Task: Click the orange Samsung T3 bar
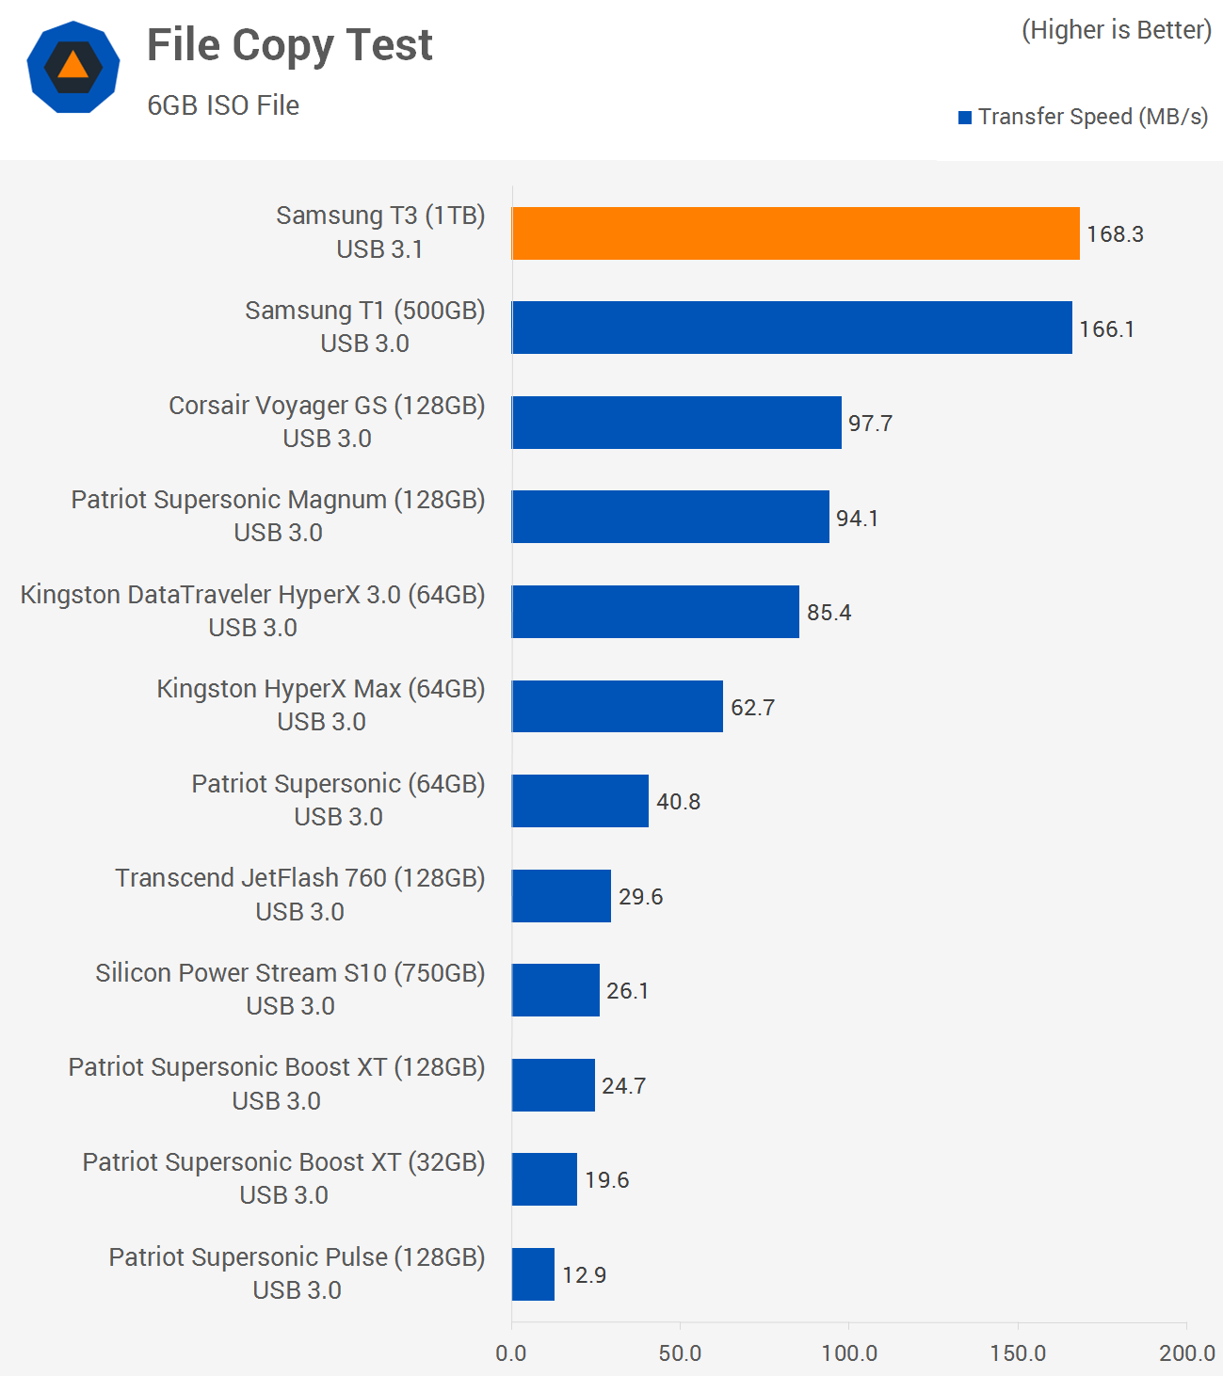click(x=796, y=233)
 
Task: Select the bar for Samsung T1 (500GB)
click(x=792, y=328)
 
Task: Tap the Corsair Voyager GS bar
click(x=676, y=423)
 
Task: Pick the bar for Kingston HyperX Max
click(x=618, y=706)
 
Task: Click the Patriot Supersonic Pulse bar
click(x=533, y=1274)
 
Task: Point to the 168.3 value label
click(x=1115, y=234)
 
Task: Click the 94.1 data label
click(x=857, y=519)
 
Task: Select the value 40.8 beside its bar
click(x=678, y=802)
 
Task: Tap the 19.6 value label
click(x=606, y=1180)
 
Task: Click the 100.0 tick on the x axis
click(x=848, y=1353)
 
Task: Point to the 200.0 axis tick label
click(x=1186, y=1353)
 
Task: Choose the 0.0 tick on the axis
click(x=511, y=1353)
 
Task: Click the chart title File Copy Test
click(x=289, y=45)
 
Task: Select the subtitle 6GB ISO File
click(x=223, y=105)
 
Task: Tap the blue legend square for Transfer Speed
click(x=965, y=118)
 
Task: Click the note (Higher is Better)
click(x=1116, y=30)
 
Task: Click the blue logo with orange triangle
click(x=73, y=68)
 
